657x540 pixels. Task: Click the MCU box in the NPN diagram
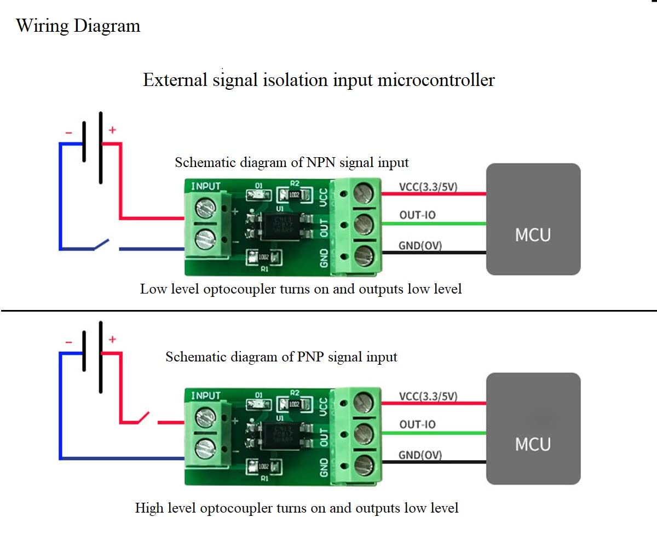click(533, 219)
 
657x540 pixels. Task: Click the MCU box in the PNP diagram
click(533, 428)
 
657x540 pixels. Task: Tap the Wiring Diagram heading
click(78, 26)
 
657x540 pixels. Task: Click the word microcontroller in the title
click(436, 80)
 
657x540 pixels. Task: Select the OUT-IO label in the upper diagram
click(418, 215)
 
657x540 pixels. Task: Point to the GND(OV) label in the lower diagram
click(420, 455)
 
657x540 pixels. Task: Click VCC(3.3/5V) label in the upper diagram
click(428, 187)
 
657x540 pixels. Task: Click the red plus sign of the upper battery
click(112, 130)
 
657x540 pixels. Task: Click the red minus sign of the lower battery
click(68, 342)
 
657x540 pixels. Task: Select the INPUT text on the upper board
click(205, 186)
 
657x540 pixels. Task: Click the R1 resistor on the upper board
click(264, 256)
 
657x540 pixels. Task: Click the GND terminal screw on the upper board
click(364, 255)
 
